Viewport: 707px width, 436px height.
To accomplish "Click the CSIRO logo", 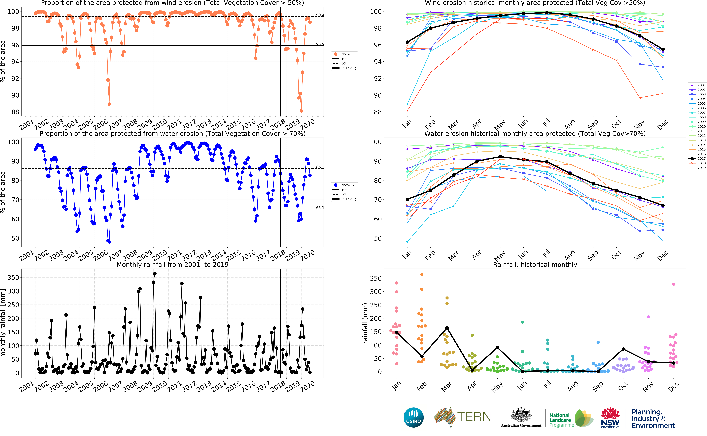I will point(414,417).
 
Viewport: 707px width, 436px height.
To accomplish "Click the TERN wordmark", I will point(474,417).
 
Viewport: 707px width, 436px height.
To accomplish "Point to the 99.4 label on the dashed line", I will point(320,15).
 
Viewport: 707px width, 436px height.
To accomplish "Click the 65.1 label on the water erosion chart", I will point(320,208).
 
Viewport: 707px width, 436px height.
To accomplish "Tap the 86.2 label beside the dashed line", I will point(320,167).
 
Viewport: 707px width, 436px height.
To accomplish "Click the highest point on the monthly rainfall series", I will point(155,274).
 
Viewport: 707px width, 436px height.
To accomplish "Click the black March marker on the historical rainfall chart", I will point(447,328).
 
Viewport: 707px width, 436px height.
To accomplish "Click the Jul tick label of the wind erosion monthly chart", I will point(546,123).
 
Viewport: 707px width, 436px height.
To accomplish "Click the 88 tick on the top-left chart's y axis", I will point(15,112).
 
